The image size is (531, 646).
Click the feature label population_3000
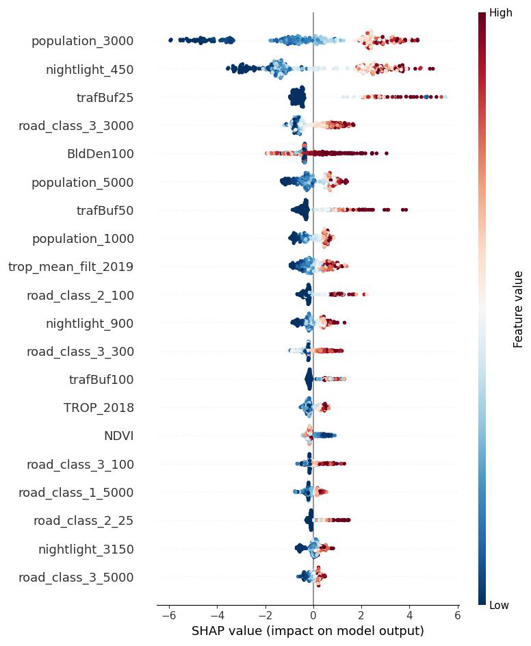point(82,41)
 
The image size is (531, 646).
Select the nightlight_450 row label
point(90,70)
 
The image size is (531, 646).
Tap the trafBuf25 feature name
point(105,98)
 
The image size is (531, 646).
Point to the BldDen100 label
point(101,154)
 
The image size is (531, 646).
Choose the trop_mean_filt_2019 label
point(70,267)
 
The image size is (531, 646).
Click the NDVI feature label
point(118,436)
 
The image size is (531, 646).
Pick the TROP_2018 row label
point(99,408)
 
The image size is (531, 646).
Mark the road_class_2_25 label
point(83,521)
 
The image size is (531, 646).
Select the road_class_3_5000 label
point(76,578)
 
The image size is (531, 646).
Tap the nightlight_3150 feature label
point(86,550)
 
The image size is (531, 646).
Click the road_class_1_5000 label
point(76,493)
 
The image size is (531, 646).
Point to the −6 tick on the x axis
point(166,615)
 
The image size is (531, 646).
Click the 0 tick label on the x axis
point(313,615)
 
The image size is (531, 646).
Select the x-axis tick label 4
point(409,615)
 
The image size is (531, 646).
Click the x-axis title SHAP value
point(308,631)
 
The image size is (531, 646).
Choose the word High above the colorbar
point(501,13)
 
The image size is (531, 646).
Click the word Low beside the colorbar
point(500,605)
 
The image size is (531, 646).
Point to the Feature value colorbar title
point(518,309)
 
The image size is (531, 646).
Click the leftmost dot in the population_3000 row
point(170,40)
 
